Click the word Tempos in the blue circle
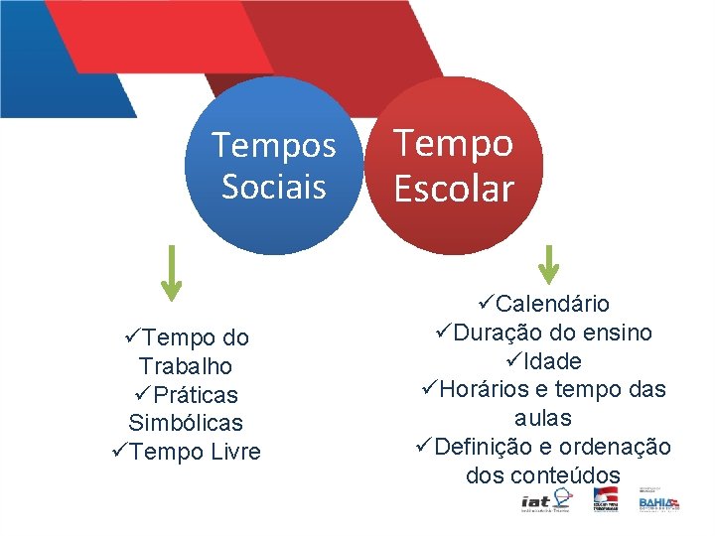pos(274,147)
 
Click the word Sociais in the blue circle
pos(274,187)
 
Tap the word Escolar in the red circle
pos(454,189)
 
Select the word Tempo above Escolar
pos(454,144)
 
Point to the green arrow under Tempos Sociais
pos(171,272)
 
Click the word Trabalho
pos(186,366)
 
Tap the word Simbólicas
pos(186,423)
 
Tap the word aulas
pos(542,418)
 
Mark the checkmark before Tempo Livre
pos(119,452)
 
